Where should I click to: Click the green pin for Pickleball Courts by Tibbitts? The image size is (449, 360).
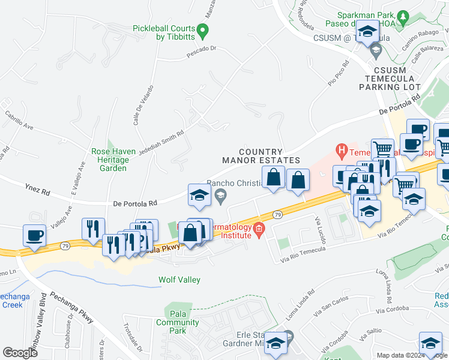202,29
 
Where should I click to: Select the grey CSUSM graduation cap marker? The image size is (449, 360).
376,49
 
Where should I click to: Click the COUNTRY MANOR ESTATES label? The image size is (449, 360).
261,156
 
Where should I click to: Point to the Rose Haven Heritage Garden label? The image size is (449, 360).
109,160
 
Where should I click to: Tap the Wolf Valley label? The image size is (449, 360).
179,280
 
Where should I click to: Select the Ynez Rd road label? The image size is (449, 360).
38,190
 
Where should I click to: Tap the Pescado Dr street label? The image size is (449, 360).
200,57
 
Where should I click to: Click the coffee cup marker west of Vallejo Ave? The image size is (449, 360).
34,235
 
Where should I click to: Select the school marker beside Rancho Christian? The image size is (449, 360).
199,194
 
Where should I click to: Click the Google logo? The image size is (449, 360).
20,353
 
